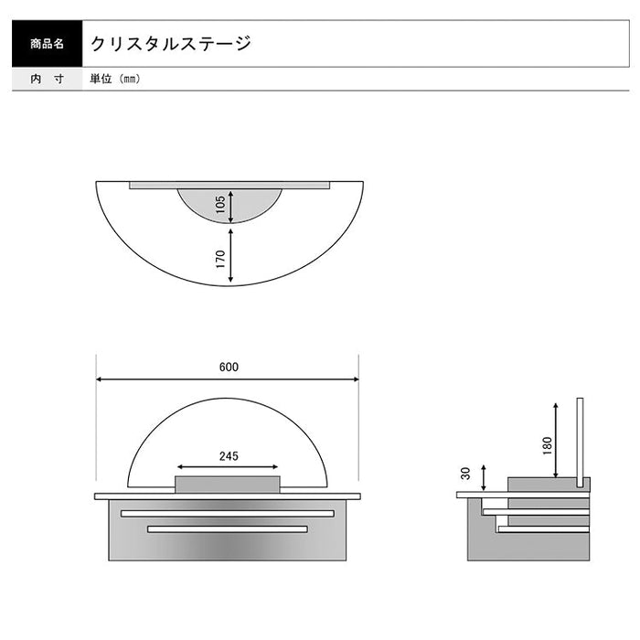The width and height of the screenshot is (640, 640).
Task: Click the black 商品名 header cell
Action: (47, 43)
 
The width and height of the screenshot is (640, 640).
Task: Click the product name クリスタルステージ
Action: (170, 43)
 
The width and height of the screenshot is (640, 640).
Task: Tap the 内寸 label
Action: (47, 79)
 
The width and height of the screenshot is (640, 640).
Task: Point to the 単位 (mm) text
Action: (115, 79)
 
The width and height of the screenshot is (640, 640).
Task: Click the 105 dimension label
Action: (220, 207)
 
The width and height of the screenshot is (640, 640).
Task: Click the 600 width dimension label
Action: (228, 368)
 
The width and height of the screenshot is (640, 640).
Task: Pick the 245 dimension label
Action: (229, 455)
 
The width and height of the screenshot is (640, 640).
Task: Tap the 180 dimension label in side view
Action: (546, 444)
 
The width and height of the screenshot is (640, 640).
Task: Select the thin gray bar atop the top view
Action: (229, 186)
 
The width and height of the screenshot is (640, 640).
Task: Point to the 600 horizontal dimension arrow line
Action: (228, 379)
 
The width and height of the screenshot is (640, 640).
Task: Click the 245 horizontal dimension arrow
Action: (228, 466)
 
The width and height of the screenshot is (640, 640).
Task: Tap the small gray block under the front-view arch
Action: (228, 485)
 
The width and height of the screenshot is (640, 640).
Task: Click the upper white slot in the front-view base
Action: (228, 514)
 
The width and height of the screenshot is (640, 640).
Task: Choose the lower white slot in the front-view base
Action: (228, 528)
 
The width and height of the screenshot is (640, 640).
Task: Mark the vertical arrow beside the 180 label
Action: (557, 439)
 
